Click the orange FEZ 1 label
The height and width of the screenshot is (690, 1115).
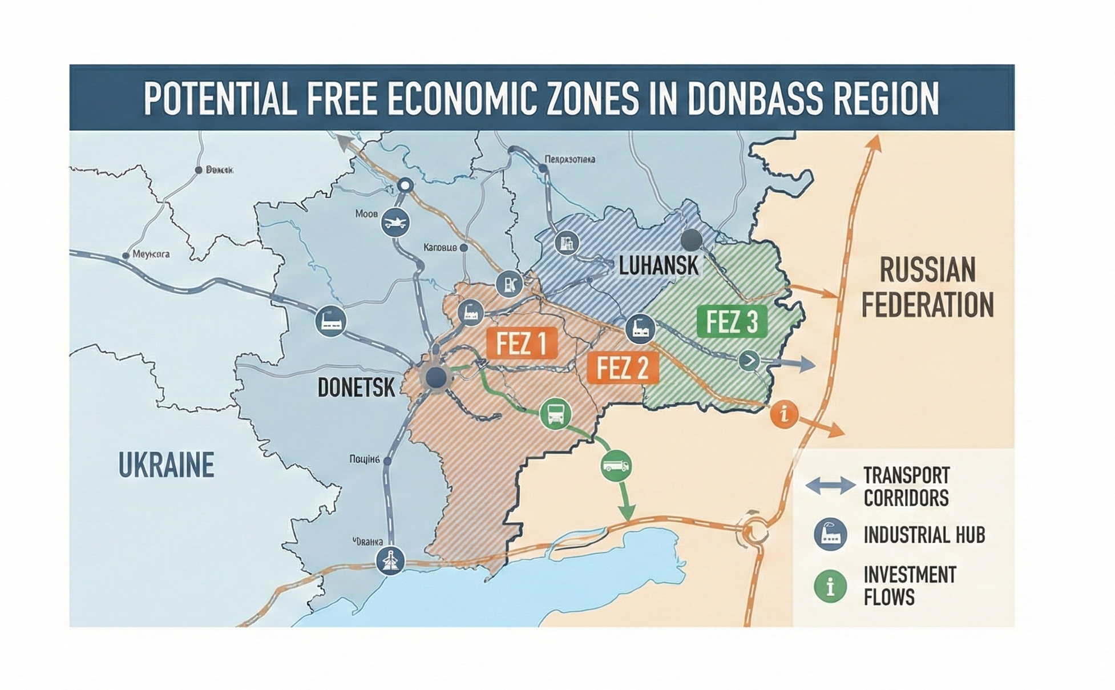tap(522, 343)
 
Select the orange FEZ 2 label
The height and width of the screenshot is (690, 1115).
tap(623, 368)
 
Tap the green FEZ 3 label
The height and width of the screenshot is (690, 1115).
tap(732, 322)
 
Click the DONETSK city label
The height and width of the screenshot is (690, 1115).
tap(356, 388)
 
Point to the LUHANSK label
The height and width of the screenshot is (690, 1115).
tap(659, 266)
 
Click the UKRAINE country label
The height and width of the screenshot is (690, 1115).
tap(166, 465)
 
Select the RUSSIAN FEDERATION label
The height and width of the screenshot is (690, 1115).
tap(927, 288)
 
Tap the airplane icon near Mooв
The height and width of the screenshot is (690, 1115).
tap(395, 221)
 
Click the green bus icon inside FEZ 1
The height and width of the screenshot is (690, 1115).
tap(555, 413)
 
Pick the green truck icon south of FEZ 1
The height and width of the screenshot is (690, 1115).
tap(616, 465)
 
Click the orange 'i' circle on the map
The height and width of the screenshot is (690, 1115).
tap(785, 413)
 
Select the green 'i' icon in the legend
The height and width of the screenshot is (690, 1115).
tap(830, 586)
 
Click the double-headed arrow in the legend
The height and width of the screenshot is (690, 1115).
tap(830, 486)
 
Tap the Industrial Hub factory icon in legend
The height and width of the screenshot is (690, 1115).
tap(830, 535)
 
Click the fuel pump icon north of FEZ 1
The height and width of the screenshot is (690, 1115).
tap(510, 284)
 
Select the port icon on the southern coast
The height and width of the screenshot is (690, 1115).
tap(391, 560)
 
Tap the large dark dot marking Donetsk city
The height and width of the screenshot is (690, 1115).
tap(437, 377)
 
